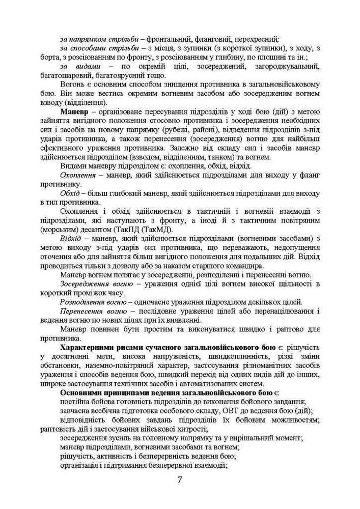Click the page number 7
pos(179,479)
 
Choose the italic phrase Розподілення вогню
pos(92,302)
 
